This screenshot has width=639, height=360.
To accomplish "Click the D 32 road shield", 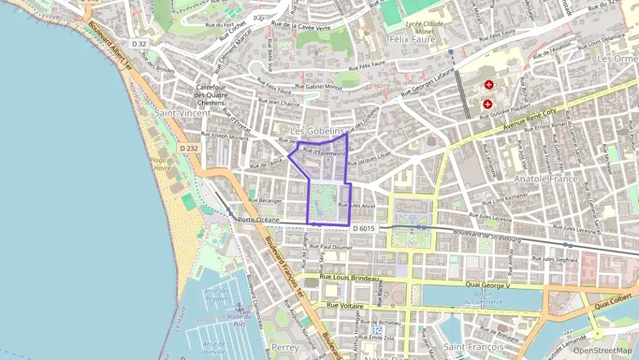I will (x=139, y=44).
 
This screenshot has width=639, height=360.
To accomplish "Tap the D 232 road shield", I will (x=189, y=148).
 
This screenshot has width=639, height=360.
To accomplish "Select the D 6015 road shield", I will (x=363, y=228).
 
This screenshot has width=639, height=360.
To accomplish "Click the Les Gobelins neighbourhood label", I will (x=317, y=130).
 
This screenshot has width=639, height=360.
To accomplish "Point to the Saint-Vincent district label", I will (x=182, y=113).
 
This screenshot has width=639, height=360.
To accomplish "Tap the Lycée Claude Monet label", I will (x=425, y=27).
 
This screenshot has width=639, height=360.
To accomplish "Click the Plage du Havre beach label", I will (x=162, y=165).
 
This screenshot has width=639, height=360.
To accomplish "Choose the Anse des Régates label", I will (x=216, y=294).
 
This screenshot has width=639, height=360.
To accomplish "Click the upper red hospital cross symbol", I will (x=489, y=85).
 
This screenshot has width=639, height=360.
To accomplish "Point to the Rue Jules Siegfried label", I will (x=554, y=260).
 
